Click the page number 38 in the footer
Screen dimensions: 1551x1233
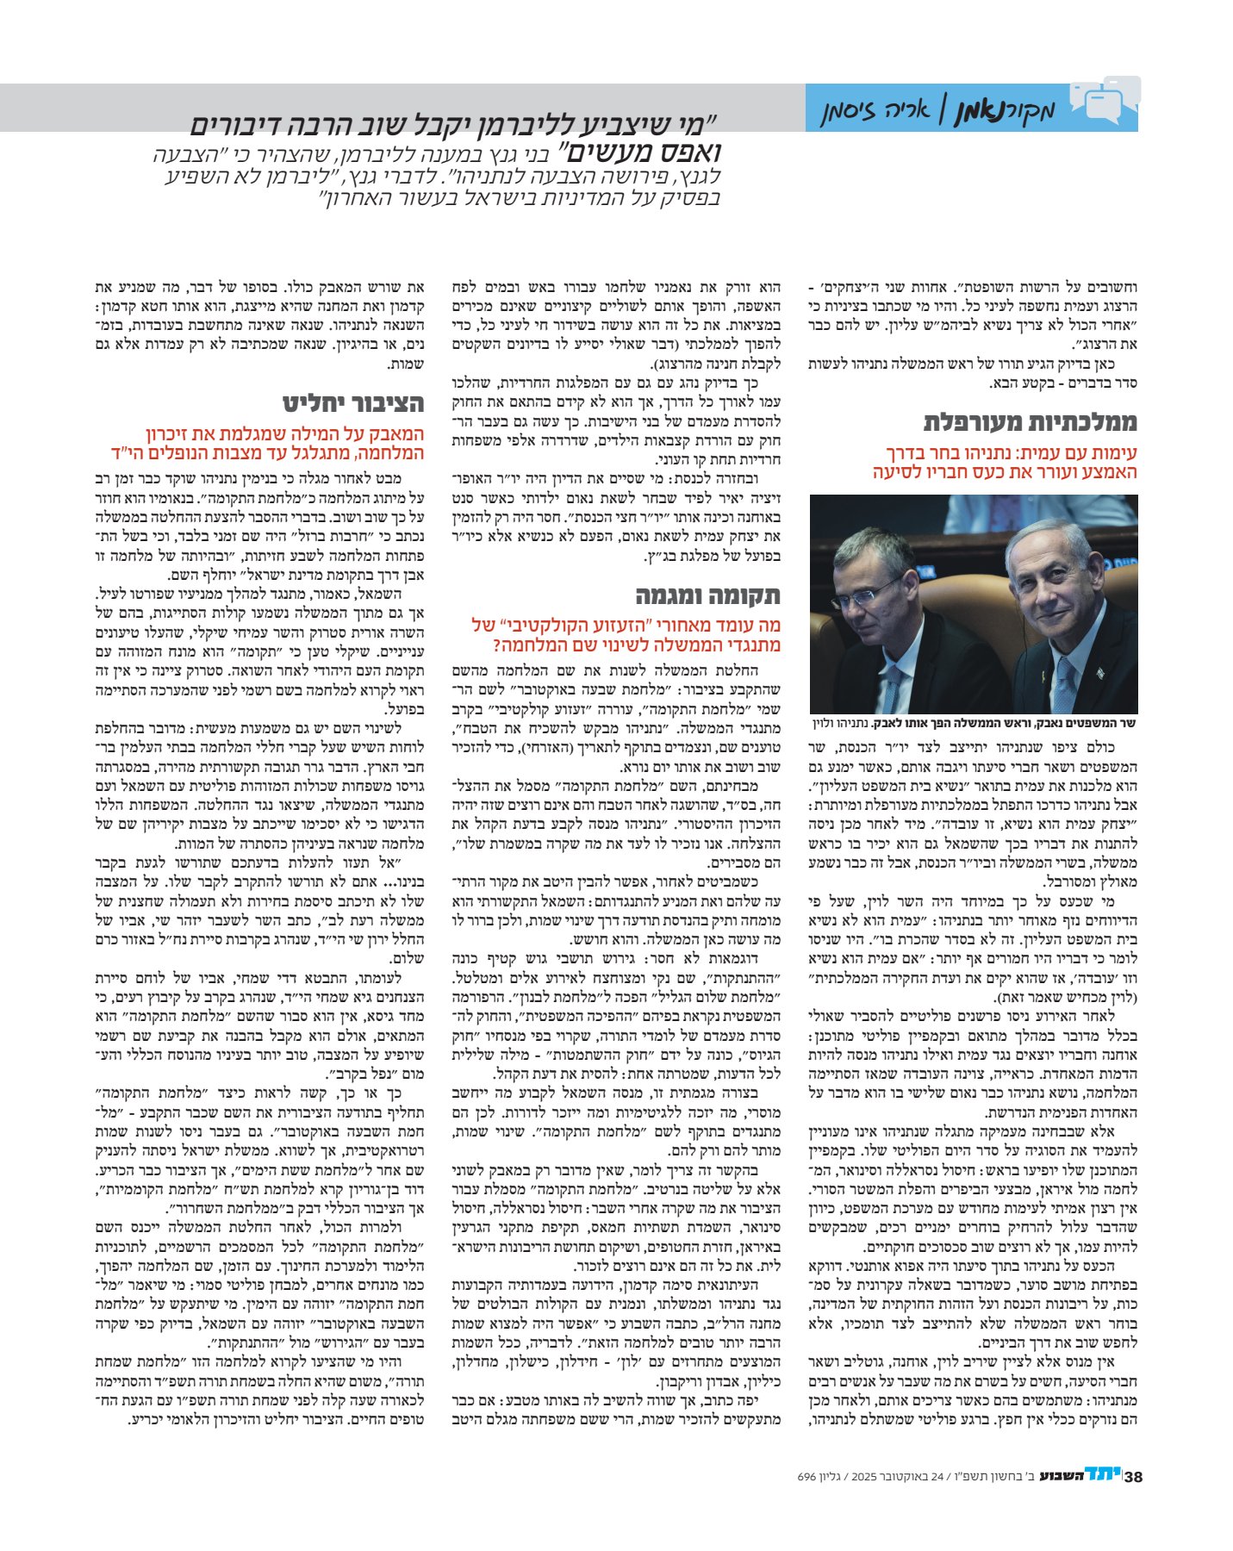[1133, 1477]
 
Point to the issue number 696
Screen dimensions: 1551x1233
[806, 1477]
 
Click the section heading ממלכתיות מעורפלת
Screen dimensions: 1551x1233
[1031, 422]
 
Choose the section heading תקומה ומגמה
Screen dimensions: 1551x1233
[708, 595]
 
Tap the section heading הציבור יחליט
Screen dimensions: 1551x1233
[353, 403]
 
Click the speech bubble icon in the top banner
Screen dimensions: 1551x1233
[1106, 100]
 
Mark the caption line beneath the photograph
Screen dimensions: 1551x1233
[975, 723]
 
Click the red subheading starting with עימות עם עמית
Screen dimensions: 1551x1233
[1005, 463]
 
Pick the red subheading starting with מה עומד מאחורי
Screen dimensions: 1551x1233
[626, 635]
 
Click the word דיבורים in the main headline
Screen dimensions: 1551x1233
[254, 127]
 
